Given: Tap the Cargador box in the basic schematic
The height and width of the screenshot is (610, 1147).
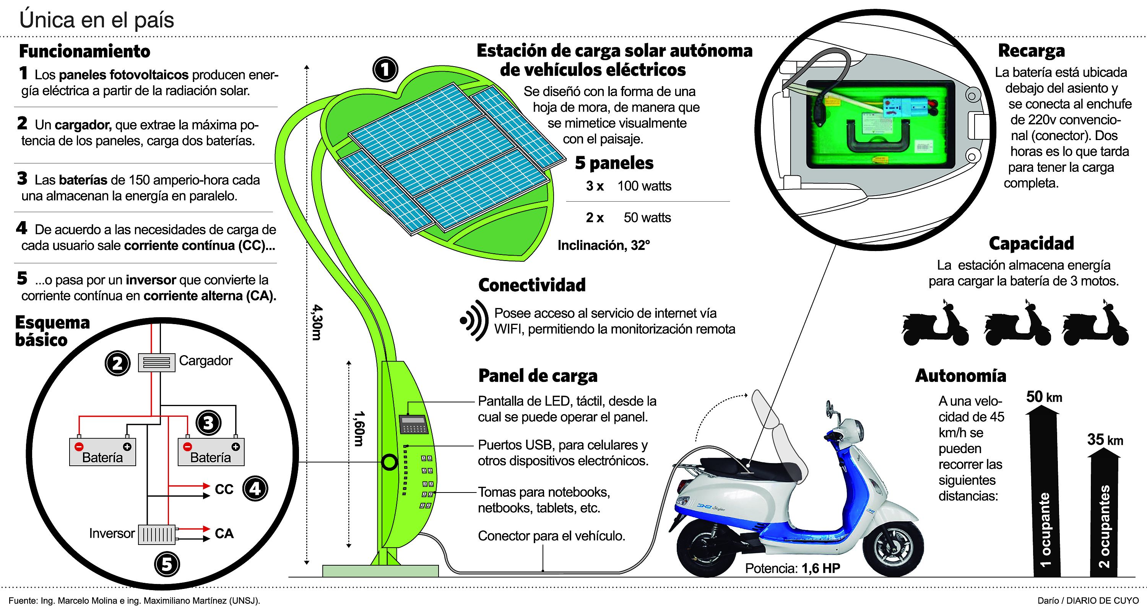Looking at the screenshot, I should click(156, 362).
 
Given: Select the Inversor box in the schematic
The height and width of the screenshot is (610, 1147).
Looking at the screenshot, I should click(156, 534).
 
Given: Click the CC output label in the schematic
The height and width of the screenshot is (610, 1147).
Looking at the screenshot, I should click(224, 489).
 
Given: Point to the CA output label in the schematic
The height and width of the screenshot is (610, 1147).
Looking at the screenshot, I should click(224, 533).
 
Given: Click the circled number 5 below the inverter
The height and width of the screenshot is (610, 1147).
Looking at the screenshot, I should click(167, 564).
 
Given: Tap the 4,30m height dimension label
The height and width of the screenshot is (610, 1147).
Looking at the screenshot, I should click(317, 322).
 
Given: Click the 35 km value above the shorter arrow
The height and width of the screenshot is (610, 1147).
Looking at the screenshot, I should click(1105, 440).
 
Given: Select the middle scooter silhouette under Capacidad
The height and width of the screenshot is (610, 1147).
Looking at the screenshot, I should click(1017, 325).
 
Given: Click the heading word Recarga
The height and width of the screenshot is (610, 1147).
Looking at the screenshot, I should click(1031, 51).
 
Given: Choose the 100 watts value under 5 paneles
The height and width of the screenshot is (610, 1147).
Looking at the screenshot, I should click(644, 186).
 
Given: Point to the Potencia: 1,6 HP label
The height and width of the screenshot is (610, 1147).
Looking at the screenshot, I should click(793, 568).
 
